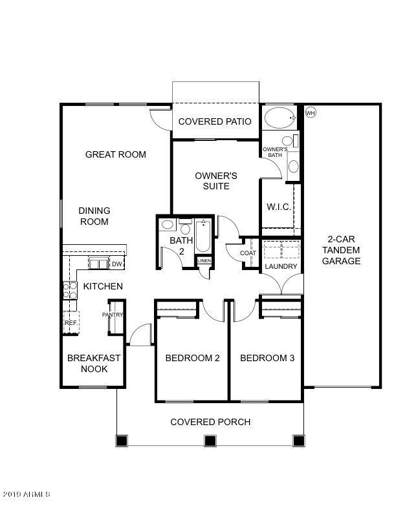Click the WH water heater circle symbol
click(310, 113)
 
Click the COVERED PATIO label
click(215, 121)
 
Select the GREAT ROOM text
click(116, 154)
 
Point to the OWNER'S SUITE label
click(216, 181)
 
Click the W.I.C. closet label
click(279, 207)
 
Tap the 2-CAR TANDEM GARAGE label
click(342, 250)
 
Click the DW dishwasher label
click(116, 264)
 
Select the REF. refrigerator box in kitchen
click(70, 322)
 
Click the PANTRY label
click(113, 315)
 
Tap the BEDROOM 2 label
click(192, 358)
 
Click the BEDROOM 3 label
click(267, 358)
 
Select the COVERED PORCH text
click(210, 422)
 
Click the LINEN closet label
click(204, 261)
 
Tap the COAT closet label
click(248, 253)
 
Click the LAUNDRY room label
click(281, 266)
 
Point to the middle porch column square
click(210, 441)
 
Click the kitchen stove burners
click(69, 290)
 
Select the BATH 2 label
click(181, 246)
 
